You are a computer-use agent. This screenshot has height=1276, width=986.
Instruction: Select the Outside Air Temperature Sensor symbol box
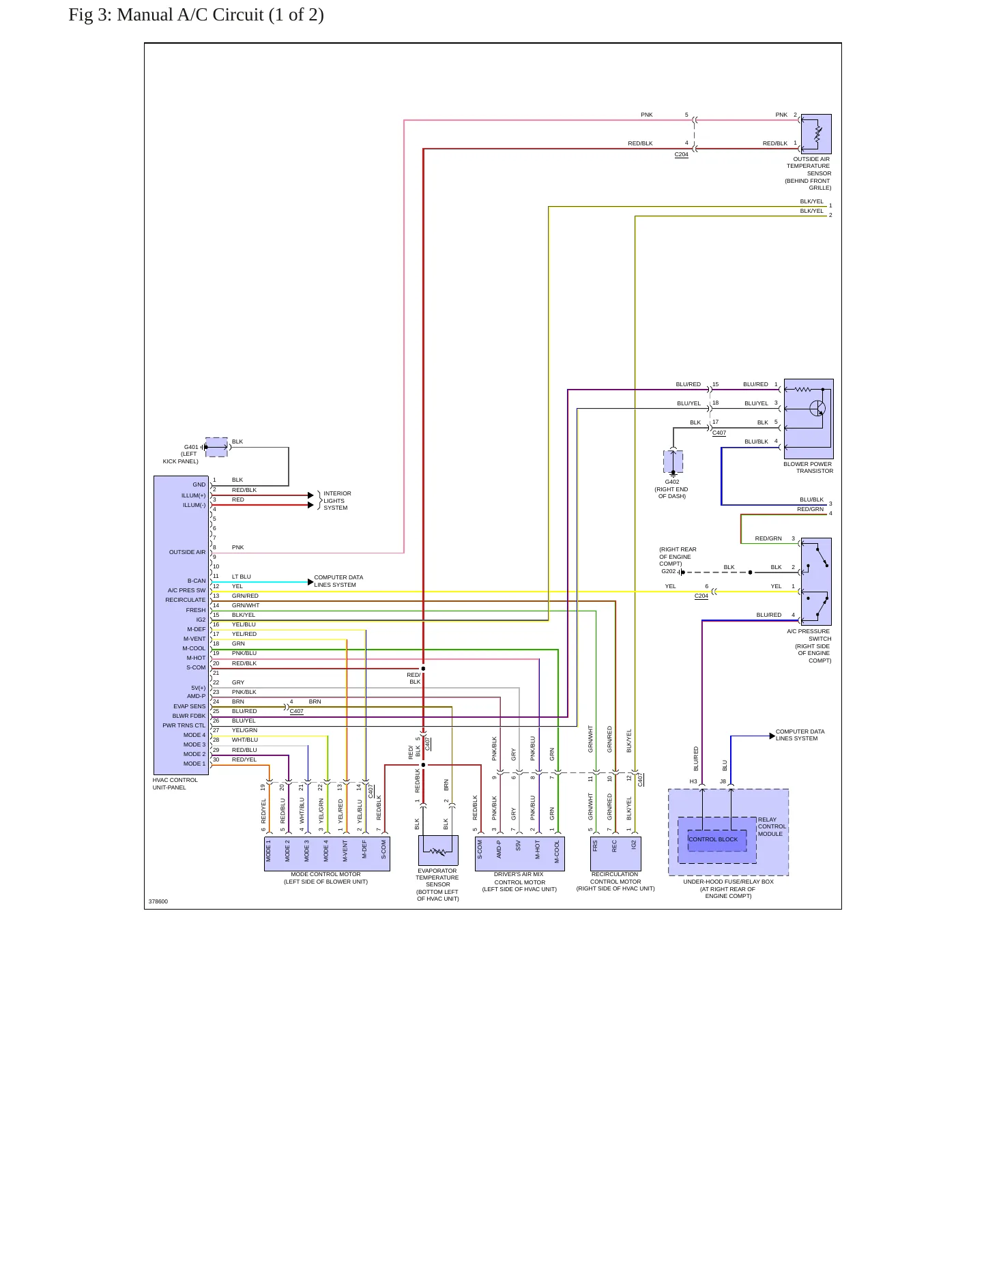coord(816,134)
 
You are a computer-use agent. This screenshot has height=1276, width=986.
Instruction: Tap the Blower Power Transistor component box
coord(809,419)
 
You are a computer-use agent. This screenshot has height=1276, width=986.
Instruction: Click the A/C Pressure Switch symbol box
coord(816,581)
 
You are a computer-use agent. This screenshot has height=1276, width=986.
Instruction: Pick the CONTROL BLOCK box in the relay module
coord(717,840)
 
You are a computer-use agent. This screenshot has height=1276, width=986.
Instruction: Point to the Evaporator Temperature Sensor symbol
coord(438,851)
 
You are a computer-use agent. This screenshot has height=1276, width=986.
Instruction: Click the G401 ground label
coord(191,448)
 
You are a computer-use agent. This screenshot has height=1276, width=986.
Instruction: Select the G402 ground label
coord(672,482)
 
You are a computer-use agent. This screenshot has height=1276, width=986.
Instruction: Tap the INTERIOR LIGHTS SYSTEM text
coord(337,501)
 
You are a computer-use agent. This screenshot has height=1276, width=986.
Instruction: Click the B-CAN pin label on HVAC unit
coord(197,581)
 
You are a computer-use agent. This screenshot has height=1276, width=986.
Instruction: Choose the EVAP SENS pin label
coord(189,707)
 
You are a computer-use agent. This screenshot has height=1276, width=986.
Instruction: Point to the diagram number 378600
coord(158,901)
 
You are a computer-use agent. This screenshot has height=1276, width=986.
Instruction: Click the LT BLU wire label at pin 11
coord(242,577)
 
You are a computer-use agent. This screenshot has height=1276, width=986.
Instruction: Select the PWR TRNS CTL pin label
coord(184,726)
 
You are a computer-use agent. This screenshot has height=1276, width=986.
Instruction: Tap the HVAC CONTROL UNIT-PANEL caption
coord(175,784)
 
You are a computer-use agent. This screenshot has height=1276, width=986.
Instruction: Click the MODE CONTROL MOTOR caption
coord(326,878)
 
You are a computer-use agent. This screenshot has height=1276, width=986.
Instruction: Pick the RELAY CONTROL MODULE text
coord(772,827)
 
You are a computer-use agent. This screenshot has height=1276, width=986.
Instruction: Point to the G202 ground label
coord(669,572)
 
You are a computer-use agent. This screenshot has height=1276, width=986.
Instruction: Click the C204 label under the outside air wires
coord(682,155)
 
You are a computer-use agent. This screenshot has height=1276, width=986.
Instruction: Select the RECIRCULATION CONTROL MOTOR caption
coord(615,882)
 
